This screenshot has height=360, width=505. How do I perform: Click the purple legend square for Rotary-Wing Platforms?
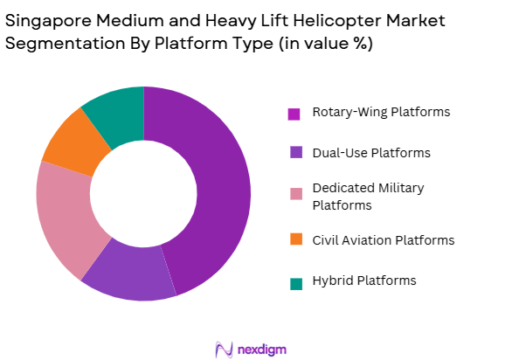click(x=294, y=114)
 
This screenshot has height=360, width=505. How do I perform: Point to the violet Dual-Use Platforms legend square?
click(x=294, y=154)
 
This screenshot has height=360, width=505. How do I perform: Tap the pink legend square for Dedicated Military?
click(x=294, y=195)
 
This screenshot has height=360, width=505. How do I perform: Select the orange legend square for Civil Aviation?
click(x=294, y=240)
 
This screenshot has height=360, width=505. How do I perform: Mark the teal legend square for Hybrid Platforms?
click(x=294, y=281)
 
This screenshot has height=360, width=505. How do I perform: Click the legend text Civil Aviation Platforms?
click(x=371, y=239)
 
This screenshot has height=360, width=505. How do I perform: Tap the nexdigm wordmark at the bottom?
click(x=261, y=349)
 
